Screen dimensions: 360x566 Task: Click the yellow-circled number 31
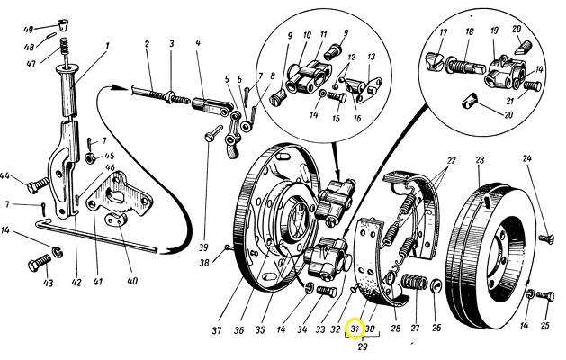354,328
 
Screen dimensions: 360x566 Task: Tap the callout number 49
29,30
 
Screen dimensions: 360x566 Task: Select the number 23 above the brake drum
480,160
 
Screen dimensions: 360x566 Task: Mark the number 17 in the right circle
443,32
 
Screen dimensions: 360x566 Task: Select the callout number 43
48,283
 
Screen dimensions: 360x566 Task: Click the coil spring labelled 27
415,287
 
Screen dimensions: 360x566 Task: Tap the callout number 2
145,44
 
